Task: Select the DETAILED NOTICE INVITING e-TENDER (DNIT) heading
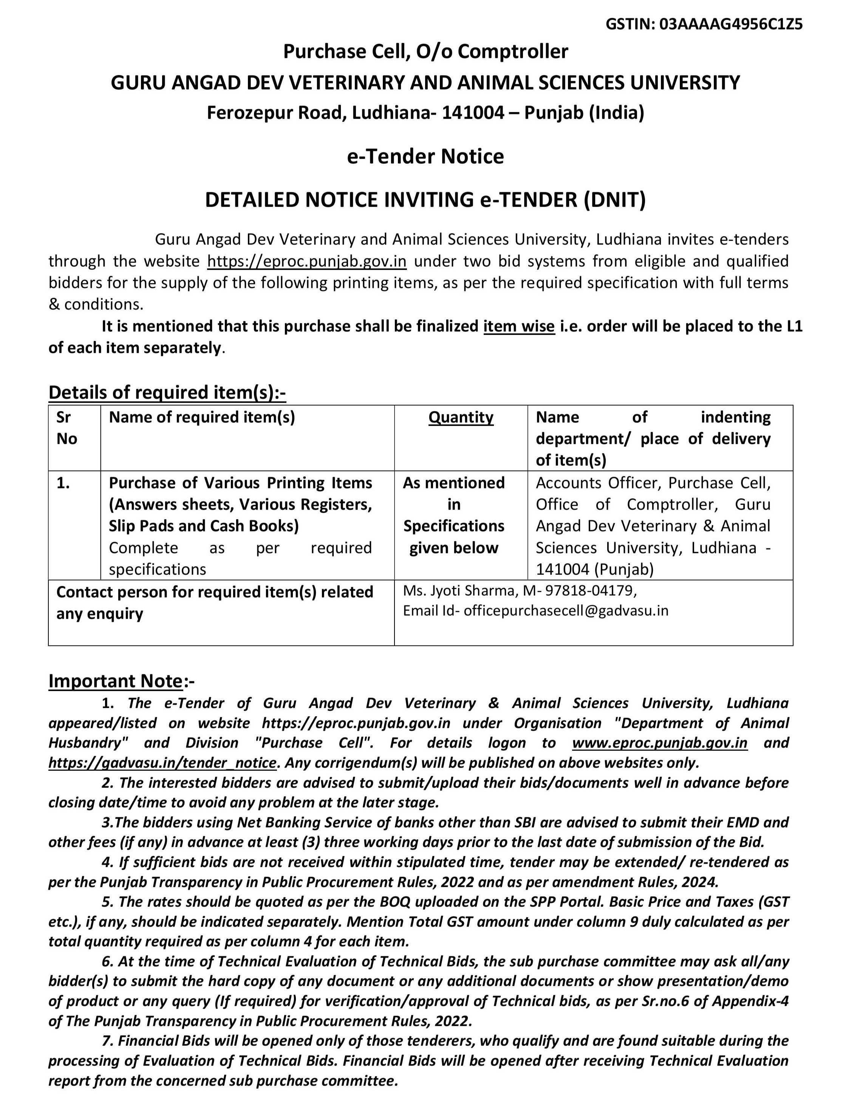425,200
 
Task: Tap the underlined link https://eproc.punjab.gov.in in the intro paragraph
307,261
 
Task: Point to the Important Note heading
116,681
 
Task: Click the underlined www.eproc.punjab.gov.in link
660,743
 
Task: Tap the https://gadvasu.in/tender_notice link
162,763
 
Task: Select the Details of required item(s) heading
167,392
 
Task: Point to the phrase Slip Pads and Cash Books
204,526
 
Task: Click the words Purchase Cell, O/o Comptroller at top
425,52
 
